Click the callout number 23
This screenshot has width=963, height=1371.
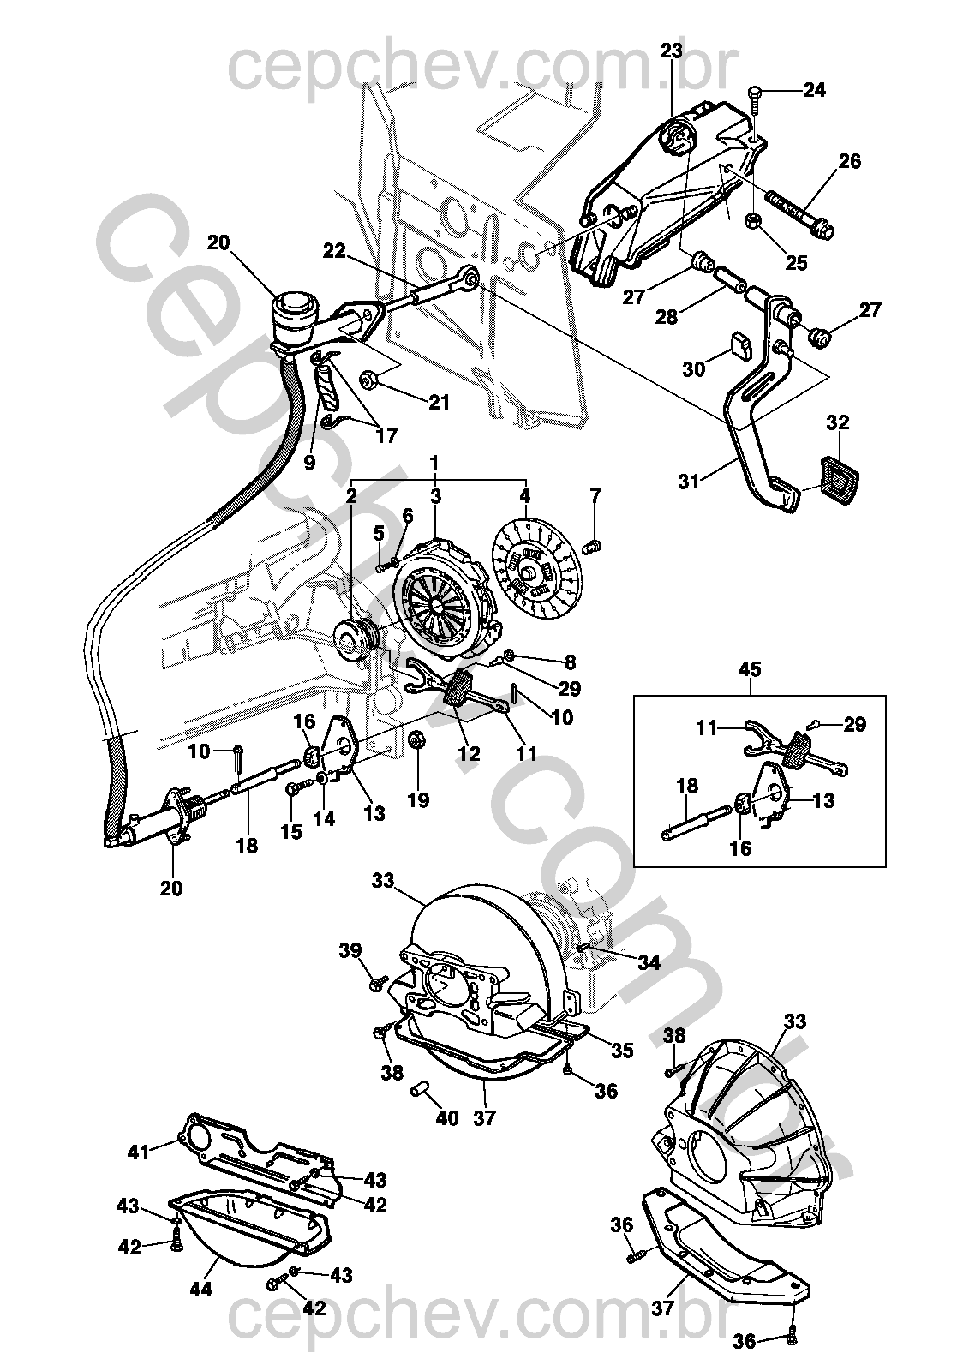pyautogui.click(x=671, y=51)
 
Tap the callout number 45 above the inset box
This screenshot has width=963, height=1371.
pyautogui.click(x=750, y=669)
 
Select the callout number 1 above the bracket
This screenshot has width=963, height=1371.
pyautogui.click(x=434, y=464)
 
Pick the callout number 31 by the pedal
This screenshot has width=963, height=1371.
pyautogui.click(x=690, y=482)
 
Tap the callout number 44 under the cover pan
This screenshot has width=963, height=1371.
pyautogui.click(x=201, y=1288)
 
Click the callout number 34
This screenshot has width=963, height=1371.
pyautogui.click(x=649, y=962)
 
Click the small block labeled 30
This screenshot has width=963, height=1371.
pyautogui.click(x=739, y=345)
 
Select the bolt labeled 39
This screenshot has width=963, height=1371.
pyautogui.click(x=378, y=982)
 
